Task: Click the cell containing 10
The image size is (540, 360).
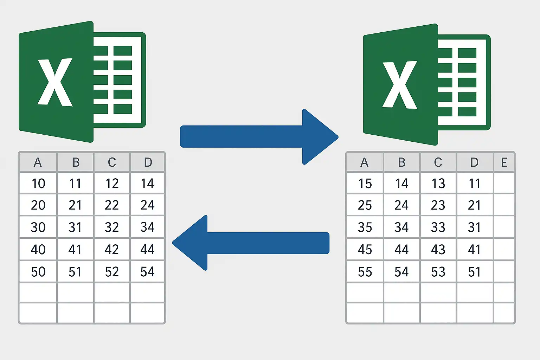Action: pos(38,183)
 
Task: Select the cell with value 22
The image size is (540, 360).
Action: pos(112,205)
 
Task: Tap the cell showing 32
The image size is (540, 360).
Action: pos(112,227)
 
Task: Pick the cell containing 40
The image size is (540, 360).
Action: pos(38,249)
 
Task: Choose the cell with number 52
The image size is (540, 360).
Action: pos(112,271)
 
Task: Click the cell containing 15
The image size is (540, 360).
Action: pos(365,183)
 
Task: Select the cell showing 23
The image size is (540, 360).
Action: pos(438,205)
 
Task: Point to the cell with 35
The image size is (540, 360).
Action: pos(365,227)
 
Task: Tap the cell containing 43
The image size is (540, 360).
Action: pos(438,249)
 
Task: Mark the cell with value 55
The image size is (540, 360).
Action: pos(365,271)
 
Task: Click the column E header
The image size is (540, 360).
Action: pos(504,162)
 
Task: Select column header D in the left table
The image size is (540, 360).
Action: pos(148,162)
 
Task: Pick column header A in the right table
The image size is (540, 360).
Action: pos(365,162)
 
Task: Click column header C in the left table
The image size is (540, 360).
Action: pos(112,162)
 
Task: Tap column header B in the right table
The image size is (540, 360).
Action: pos(401,162)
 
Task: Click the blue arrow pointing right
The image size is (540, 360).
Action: pos(259,137)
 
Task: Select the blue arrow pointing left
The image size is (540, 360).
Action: pos(251,243)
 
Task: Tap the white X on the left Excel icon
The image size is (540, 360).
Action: pos(55,82)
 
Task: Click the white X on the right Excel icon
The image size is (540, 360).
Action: pos(400,85)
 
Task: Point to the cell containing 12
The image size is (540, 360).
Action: pos(112,183)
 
